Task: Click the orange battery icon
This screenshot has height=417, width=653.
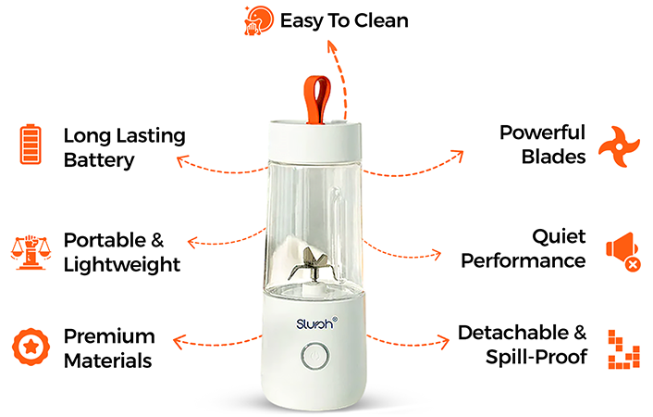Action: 31,144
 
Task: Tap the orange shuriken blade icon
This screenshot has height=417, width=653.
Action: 619,146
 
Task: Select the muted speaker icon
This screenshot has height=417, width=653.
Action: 623,251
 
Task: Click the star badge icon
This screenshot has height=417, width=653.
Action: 31,347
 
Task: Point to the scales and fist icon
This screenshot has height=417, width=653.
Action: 31,253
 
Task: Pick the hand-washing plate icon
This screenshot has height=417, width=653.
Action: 259,20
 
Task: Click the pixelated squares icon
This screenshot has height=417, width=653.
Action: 623,349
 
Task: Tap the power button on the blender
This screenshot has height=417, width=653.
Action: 314,357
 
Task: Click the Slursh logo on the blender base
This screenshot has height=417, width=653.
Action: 316,323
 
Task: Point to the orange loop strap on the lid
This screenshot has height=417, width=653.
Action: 317,99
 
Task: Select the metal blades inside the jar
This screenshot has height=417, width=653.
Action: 308,264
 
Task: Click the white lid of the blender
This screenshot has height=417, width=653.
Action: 314,141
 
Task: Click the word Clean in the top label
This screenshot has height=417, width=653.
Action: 381,20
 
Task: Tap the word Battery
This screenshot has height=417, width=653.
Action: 99,160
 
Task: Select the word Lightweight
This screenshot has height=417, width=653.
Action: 121,265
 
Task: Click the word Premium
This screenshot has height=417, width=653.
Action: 109,336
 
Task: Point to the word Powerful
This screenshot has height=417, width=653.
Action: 542,133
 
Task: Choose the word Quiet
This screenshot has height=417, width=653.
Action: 559,237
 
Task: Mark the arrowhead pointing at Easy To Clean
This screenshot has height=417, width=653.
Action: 332,46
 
